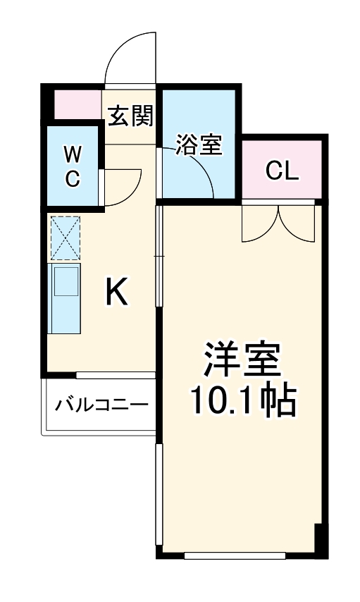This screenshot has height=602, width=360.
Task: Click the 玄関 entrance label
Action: click(x=130, y=115)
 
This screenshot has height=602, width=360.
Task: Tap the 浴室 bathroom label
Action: click(x=199, y=145)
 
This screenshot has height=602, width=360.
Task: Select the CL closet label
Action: click(x=283, y=170)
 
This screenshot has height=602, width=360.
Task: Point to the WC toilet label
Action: click(x=73, y=166)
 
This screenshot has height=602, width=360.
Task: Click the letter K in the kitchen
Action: click(x=117, y=293)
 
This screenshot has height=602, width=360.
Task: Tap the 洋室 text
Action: click(x=242, y=360)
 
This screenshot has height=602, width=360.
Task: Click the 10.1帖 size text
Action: click(x=242, y=400)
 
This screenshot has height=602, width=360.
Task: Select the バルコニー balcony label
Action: click(x=101, y=406)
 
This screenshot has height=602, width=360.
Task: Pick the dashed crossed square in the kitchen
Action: click(x=65, y=238)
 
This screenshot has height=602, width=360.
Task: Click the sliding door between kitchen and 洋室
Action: click(x=158, y=257)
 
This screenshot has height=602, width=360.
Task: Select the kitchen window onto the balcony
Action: click(x=116, y=374)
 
